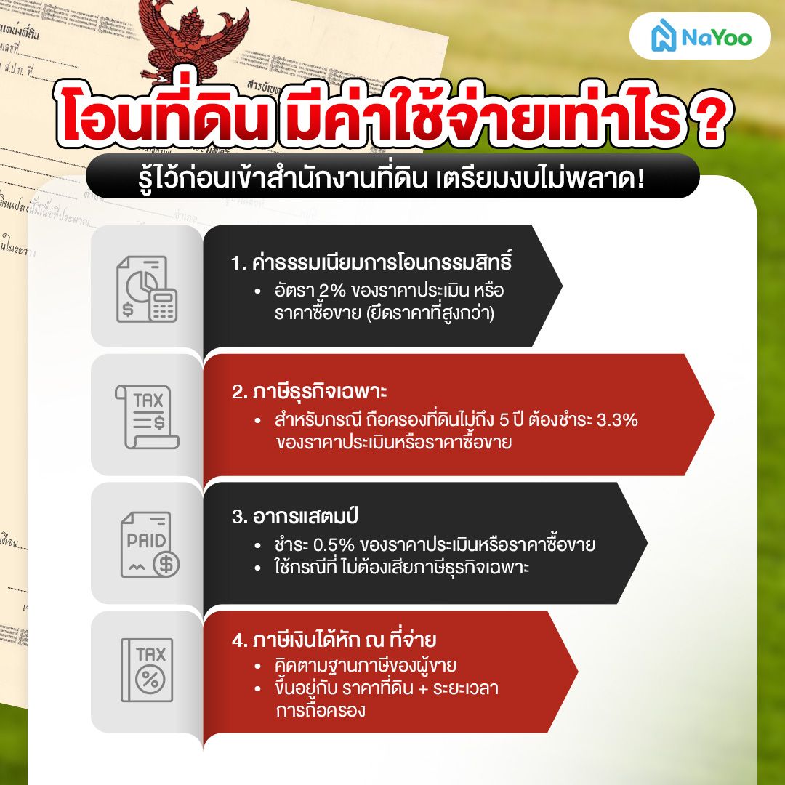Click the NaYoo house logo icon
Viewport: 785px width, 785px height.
point(662,36)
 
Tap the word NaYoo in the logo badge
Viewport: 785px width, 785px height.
point(716,37)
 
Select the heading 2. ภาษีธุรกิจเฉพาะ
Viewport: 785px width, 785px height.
point(310,392)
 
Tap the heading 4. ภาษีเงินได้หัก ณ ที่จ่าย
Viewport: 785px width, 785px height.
point(334,640)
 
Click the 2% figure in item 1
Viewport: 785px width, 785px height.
point(332,291)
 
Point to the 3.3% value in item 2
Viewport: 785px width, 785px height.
point(617,419)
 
